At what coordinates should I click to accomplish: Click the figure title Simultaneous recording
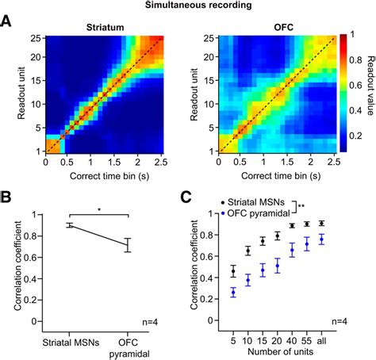(188, 6)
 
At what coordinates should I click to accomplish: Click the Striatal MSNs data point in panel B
(69, 225)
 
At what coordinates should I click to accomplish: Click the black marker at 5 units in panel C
(232, 270)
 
